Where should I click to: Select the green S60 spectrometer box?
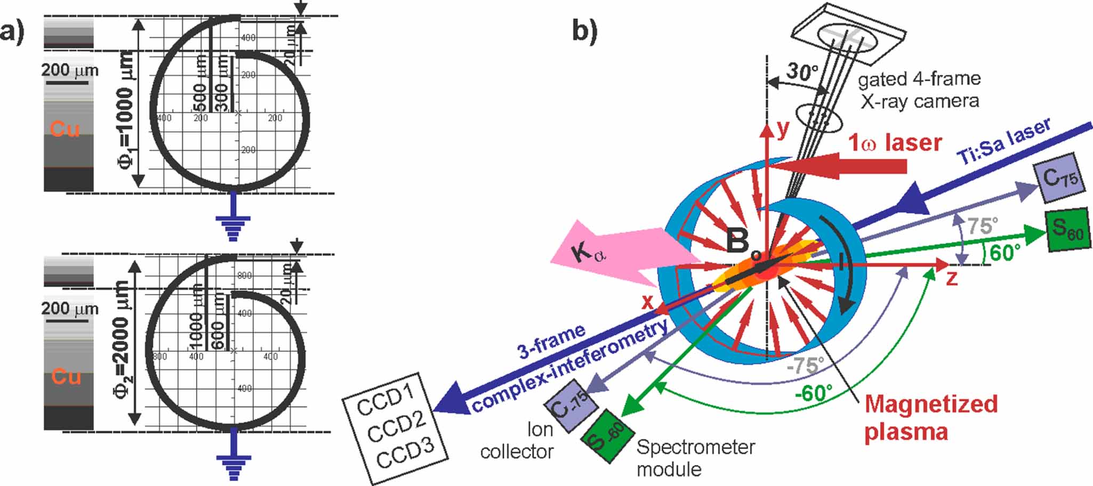1067,230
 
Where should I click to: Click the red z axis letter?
951,278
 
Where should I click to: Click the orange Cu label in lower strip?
66,377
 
